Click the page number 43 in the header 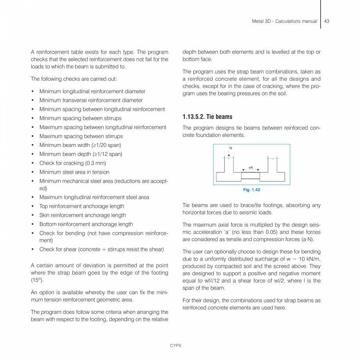[326, 21]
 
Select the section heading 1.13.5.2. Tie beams [207, 117]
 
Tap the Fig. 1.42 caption [251, 190]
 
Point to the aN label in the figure [250, 167]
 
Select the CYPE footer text [175, 346]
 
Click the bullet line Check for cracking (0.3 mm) [72, 163]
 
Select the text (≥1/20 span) [106, 145]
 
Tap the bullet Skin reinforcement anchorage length [83, 215]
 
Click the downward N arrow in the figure [229, 152]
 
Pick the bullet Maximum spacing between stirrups [81, 136]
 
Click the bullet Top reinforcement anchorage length [82, 206]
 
